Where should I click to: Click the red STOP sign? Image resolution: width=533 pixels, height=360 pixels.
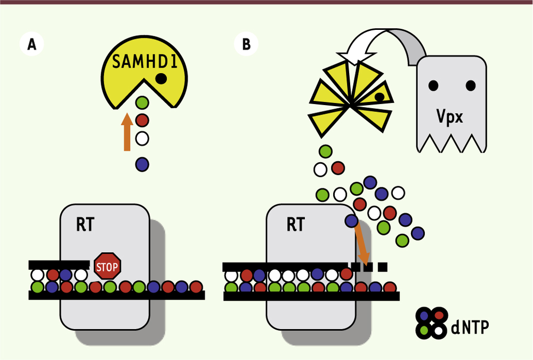pyautogui.click(x=107, y=266)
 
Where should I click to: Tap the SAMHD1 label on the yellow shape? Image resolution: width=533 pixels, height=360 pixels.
pyautogui.click(x=145, y=61)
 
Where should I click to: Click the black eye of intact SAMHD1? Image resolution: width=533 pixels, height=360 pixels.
pyautogui.click(x=161, y=78)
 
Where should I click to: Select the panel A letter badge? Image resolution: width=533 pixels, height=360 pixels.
pyautogui.click(x=31, y=44)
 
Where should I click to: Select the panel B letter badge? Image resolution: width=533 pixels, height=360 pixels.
pyautogui.click(x=246, y=44)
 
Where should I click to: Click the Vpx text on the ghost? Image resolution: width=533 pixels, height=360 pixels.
pyautogui.click(x=449, y=117)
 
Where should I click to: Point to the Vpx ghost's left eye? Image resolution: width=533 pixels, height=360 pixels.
pyautogui.click(x=433, y=85)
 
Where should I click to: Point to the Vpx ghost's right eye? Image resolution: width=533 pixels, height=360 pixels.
pyautogui.click(x=471, y=85)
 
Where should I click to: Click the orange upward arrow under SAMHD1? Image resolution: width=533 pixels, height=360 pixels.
pyautogui.click(x=127, y=132)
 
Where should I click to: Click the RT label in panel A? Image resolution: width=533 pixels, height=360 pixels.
pyautogui.click(x=85, y=225)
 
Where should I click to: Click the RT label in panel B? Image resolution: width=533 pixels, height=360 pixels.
pyautogui.click(x=296, y=225)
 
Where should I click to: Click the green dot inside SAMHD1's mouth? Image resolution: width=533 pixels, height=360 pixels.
pyautogui.click(x=142, y=102)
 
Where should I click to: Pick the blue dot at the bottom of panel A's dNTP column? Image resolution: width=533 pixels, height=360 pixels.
pyautogui.click(x=142, y=164)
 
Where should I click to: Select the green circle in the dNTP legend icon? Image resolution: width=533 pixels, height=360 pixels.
pyautogui.click(x=424, y=330)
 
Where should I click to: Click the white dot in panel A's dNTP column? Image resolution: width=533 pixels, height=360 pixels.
pyautogui.click(x=142, y=139)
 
